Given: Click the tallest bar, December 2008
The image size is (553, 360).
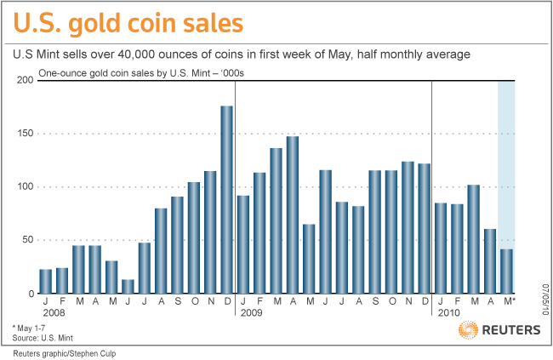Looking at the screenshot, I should (x=227, y=199).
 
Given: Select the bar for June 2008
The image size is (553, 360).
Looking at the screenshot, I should (x=128, y=286).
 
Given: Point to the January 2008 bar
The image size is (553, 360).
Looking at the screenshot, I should (x=45, y=281).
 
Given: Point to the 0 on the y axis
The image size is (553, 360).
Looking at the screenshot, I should (x=30, y=294).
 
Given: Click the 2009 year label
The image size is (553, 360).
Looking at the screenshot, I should (x=251, y=313).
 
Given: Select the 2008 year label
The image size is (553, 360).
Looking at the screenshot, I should (x=53, y=313).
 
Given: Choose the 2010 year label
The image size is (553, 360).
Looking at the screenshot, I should (x=450, y=313).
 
